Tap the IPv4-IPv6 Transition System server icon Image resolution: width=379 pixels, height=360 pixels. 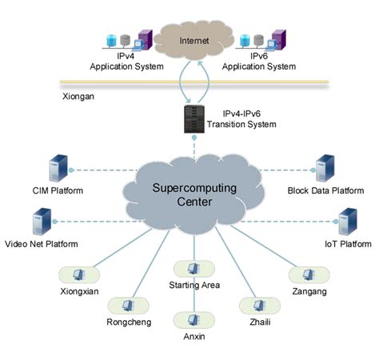pyautogui.click(x=192, y=121)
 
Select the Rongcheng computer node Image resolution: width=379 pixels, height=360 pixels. pyautogui.click(x=127, y=306)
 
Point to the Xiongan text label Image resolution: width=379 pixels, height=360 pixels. pyautogui.click(x=78, y=97)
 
